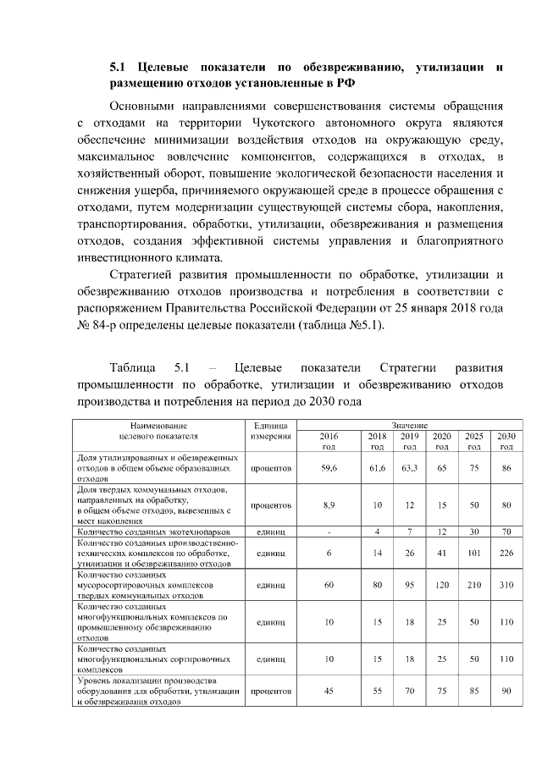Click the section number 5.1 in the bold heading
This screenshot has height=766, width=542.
coord(119,67)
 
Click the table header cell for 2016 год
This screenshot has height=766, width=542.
coord(329,440)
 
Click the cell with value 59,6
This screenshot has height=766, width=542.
coord(329,467)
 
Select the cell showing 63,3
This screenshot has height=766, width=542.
coord(409,467)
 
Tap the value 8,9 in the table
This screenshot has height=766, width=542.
coord(329,504)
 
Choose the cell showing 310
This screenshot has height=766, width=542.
coord(506,584)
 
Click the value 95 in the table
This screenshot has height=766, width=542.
coord(409,584)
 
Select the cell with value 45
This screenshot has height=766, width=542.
coord(329,691)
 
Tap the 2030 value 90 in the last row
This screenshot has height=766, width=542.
coord(506,691)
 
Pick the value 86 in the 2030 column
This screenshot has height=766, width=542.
coord(506,467)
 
